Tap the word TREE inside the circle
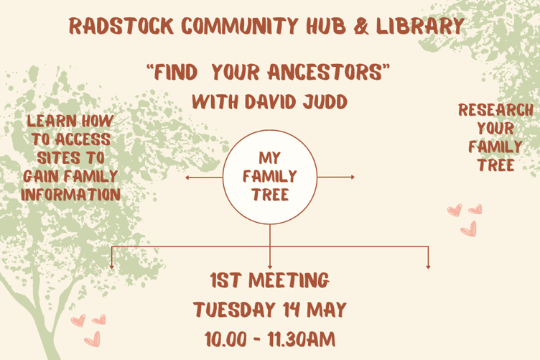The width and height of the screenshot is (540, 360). [270, 195]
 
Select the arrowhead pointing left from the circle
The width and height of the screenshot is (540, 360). [187, 177]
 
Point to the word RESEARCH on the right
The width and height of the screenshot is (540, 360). [495, 111]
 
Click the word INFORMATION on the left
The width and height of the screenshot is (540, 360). [70, 194]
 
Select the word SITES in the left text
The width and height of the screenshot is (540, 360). [57, 157]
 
